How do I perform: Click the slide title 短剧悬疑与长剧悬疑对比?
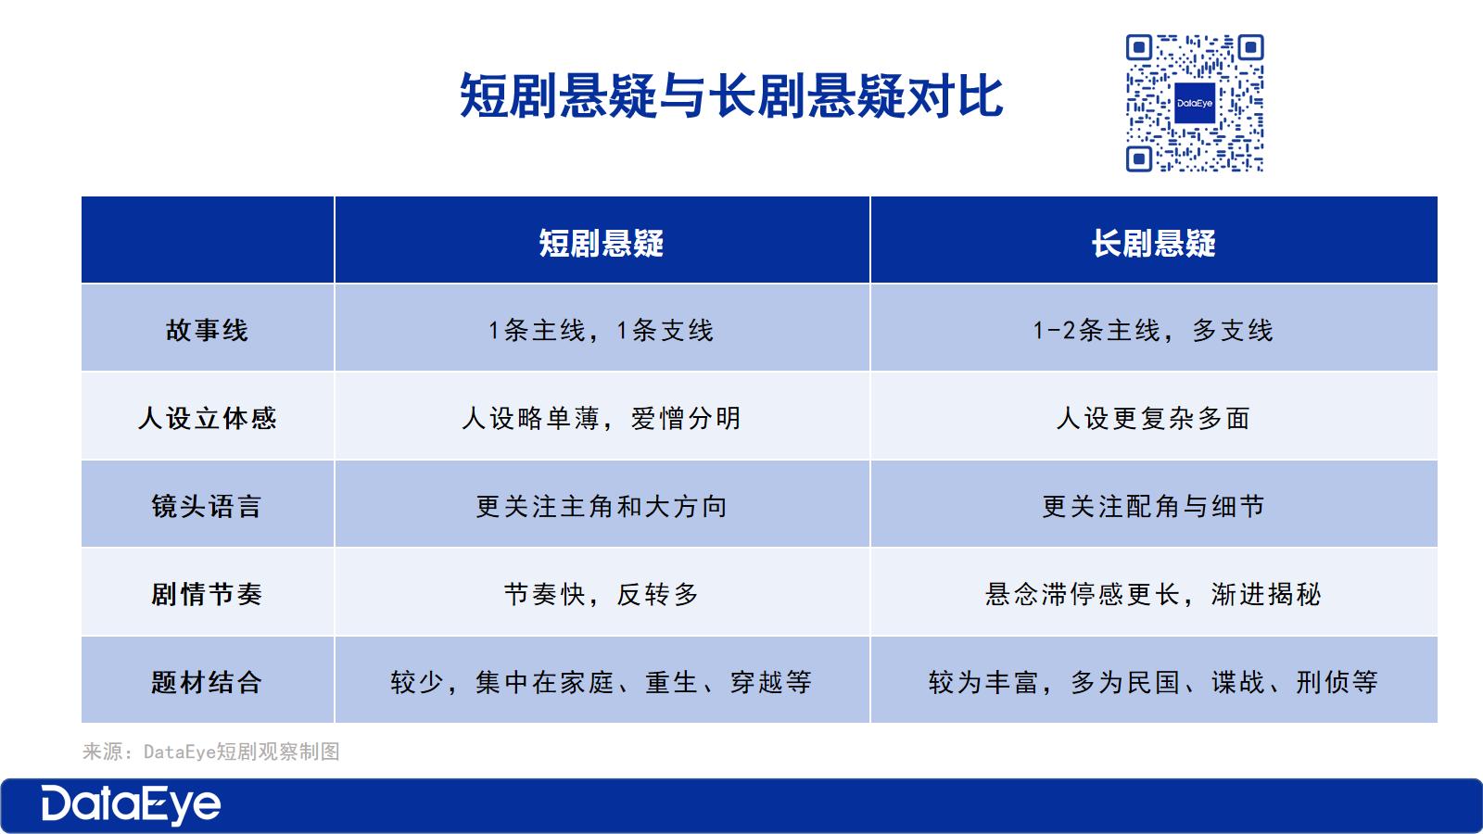[x=731, y=96]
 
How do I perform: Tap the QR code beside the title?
[x=1195, y=103]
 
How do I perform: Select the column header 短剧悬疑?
[x=602, y=243]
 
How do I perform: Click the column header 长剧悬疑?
[x=1153, y=243]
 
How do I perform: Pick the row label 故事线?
[x=208, y=330]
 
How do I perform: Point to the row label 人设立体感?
[x=208, y=418]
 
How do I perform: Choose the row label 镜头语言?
[x=208, y=506]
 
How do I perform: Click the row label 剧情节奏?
[x=208, y=594]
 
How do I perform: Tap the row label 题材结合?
[x=208, y=682]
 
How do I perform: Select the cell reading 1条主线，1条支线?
[x=602, y=330]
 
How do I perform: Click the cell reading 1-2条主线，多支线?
[x=1153, y=330]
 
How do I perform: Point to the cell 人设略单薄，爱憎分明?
[x=602, y=418]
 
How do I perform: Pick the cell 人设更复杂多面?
[x=1153, y=418]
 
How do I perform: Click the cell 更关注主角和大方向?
[x=602, y=506]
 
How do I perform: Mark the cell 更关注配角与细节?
[x=1153, y=506]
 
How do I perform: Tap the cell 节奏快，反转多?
[x=602, y=594]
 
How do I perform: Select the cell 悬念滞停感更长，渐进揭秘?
[x=1153, y=594]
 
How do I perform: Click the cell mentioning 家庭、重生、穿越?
[x=602, y=682]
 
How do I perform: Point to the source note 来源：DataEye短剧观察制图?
[x=211, y=752]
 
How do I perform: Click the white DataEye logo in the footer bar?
[x=131, y=805]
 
